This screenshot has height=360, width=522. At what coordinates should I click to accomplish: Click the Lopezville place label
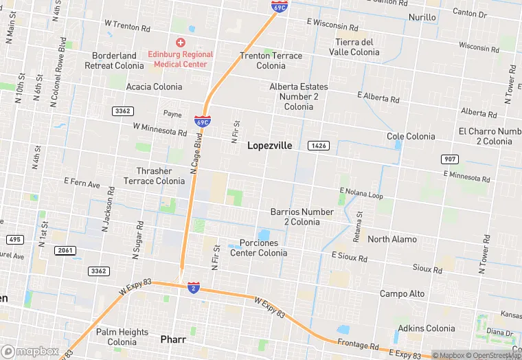click(x=269, y=146)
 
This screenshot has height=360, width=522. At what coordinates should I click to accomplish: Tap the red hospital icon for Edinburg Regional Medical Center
click(x=181, y=43)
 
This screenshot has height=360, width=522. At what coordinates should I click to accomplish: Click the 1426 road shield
click(x=317, y=146)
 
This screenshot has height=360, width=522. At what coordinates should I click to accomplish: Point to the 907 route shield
click(x=449, y=159)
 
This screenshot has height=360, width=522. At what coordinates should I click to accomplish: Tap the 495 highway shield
click(x=14, y=239)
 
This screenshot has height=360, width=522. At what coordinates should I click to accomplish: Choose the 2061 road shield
click(x=65, y=250)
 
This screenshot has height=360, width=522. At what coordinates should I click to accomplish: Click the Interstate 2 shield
click(x=194, y=288)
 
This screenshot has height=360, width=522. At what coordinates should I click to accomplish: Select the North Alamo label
click(x=392, y=239)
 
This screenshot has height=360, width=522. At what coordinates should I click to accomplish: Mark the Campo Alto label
click(x=402, y=293)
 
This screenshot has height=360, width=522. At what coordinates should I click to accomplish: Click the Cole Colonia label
click(x=411, y=137)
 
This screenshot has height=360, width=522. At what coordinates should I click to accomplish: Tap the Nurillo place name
click(x=422, y=17)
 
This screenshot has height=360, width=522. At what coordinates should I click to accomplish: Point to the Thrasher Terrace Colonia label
click(x=154, y=176)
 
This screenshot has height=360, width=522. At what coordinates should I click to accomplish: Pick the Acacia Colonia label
click(x=154, y=87)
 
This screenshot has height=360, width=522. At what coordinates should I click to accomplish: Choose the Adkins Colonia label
click(x=426, y=328)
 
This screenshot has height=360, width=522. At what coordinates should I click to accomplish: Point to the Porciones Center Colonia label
click(x=258, y=248)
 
